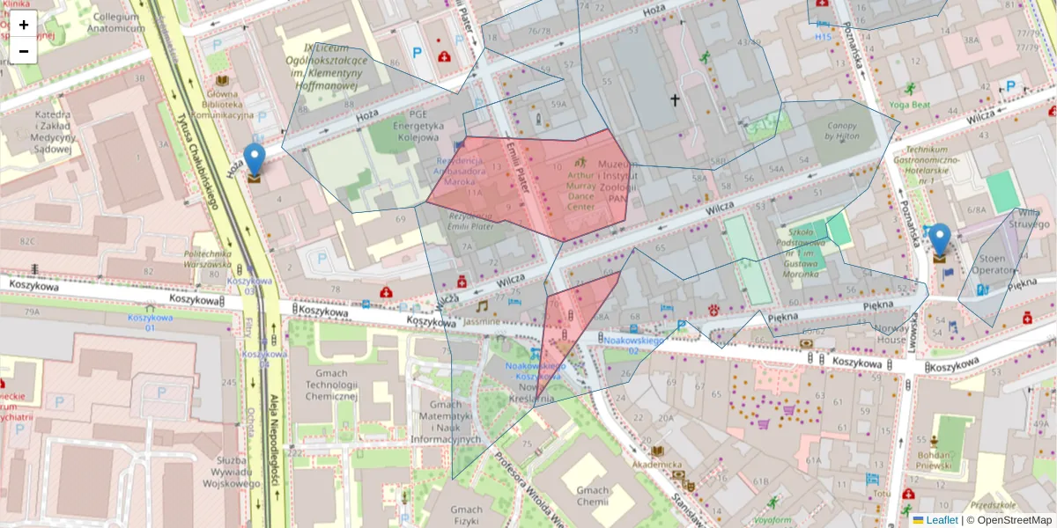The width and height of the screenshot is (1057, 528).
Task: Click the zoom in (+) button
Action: click(24, 26)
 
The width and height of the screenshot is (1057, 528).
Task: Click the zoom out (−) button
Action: click(24, 51)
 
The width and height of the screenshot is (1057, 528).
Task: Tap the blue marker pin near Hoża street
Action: click(255, 161)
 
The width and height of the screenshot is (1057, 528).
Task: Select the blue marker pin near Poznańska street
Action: click(940, 241)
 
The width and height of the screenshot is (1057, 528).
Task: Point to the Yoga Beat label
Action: click(910, 104)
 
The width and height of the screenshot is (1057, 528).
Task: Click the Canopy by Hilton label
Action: click(841, 131)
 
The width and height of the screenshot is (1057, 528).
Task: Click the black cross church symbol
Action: click(675, 100)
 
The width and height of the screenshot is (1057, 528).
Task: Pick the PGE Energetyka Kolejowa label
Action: click(410, 126)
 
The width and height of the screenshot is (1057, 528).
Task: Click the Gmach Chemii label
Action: click(593, 495)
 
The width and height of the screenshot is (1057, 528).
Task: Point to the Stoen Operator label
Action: click(992, 265)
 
